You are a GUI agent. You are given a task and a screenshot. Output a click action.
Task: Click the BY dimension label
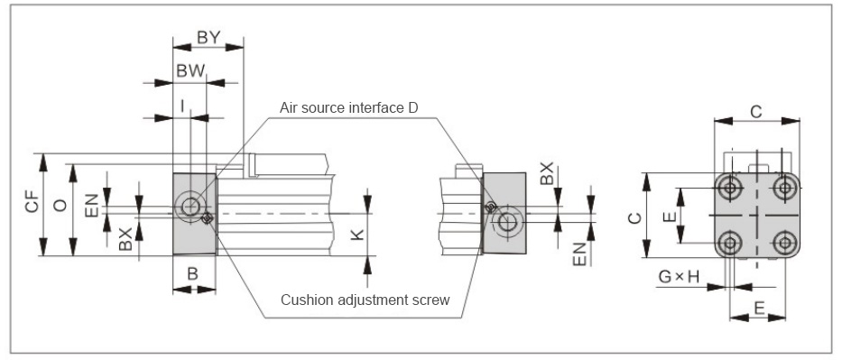click(208, 38)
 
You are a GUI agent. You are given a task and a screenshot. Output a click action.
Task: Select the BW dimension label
click(190, 70)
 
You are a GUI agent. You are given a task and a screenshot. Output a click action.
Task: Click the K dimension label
click(357, 235)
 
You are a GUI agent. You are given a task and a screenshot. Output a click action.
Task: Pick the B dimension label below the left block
click(193, 273)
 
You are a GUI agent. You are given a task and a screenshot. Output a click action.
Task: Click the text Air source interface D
click(349, 108)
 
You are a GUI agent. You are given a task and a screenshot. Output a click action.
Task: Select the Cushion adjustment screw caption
click(365, 300)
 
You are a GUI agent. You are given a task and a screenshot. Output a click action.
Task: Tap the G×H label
click(680, 277)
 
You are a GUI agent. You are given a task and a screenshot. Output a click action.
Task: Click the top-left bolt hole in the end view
click(730, 188)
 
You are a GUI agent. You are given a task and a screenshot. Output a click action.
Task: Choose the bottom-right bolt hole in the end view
click(785, 243)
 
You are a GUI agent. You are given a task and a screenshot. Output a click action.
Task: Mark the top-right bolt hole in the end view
click(785, 188)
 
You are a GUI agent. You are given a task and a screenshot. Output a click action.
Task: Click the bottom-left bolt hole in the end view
click(730, 243)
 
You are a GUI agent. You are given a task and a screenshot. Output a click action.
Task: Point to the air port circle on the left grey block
click(190, 206)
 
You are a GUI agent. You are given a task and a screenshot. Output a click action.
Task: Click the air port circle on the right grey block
click(507, 222)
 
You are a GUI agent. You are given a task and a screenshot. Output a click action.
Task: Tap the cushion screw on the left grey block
click(208, 217)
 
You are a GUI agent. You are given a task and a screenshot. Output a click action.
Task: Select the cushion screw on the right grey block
click(490, 208)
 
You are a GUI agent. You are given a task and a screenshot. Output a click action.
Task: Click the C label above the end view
click(756, 112)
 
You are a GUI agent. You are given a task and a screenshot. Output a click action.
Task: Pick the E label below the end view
click(759, 308)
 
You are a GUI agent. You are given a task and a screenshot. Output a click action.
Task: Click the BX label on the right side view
click(547, 172)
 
